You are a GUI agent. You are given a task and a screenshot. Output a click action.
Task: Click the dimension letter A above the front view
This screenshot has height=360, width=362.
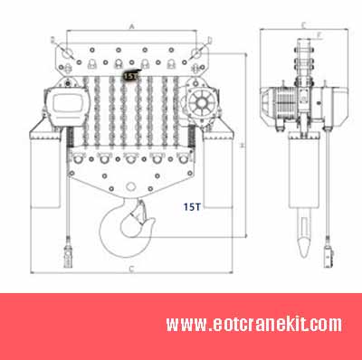132,27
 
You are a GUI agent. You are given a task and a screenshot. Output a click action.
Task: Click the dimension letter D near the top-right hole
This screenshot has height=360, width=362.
209,40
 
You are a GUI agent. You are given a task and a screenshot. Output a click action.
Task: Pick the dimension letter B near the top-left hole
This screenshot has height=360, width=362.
54,40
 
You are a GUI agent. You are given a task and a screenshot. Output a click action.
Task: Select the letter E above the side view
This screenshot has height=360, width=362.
302,24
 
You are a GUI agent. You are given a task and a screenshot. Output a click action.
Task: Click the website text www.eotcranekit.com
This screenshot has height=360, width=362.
253,323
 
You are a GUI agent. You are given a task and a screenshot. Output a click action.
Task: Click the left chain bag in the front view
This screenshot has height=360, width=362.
43,172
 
